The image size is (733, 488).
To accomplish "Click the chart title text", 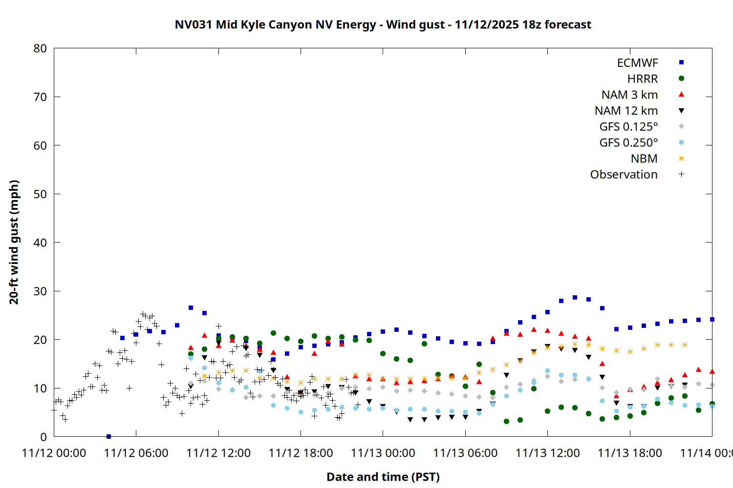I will point(383,24).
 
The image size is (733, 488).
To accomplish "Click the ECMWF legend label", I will point(637,63).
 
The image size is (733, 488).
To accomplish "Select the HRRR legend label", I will point(643,79).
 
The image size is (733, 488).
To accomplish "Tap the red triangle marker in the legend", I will point(681,95).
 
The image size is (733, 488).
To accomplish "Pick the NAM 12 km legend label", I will point(626,111).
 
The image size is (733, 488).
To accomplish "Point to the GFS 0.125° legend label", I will point(628,127).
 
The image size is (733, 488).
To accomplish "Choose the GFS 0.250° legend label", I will point(628,142).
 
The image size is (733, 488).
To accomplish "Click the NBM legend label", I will point(644,159).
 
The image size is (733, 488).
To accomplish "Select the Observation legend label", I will point(624,175).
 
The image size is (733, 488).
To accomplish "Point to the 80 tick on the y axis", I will point(40,48).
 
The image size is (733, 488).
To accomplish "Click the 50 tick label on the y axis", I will point(40,194).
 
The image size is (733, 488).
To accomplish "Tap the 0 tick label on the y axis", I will point(43,437).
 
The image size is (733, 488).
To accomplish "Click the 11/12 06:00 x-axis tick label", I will point(136,453).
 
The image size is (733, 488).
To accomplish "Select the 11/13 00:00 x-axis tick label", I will point(383,453).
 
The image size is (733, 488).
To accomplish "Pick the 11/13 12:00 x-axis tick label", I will point(547,453).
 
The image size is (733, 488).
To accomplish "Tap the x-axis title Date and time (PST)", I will point(383,477).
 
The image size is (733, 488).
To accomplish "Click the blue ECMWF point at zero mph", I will point(108,436).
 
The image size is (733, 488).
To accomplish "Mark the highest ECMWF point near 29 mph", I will point(575,297).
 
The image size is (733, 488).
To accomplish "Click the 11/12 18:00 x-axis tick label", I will point(301,453).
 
